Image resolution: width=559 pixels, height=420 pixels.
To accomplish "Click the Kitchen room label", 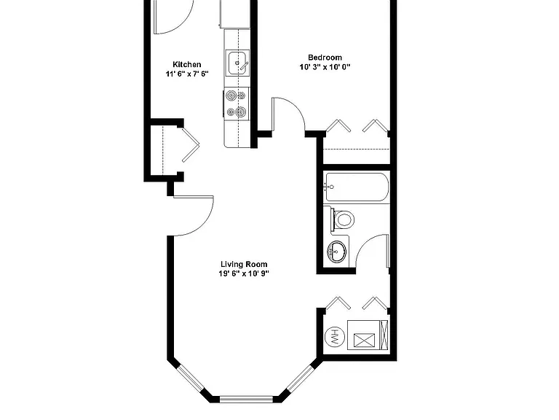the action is click(187, 65).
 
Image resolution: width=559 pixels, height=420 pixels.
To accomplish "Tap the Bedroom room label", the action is click(325, 58).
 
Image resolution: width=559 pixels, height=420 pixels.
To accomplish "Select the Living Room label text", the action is click(244, 264).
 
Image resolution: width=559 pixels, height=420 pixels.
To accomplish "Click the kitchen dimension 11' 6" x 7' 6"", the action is click(187, 74).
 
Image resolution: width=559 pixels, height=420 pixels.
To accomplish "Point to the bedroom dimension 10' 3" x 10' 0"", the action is click(325, 67).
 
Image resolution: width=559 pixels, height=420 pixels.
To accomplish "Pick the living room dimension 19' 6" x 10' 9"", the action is click(244, 273).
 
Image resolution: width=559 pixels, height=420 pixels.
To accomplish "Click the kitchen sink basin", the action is click(237, 63).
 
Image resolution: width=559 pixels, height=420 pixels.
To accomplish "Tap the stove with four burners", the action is click(237, 104).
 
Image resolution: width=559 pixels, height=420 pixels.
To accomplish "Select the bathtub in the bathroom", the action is click(357, 187).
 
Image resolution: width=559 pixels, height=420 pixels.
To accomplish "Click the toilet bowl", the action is click(343, 219).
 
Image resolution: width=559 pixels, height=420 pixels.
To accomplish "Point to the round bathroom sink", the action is click(337, 252).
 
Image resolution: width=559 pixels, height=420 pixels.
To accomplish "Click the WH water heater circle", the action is click(335, 336).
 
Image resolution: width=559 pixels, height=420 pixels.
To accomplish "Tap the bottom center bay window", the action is click(246, 400).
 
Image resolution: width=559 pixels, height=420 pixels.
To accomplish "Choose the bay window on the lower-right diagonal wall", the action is click(301, 378).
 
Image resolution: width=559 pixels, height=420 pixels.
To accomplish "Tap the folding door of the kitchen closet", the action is click(191, 144).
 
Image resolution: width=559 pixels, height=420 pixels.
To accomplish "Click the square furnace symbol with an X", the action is click(364, 340).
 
